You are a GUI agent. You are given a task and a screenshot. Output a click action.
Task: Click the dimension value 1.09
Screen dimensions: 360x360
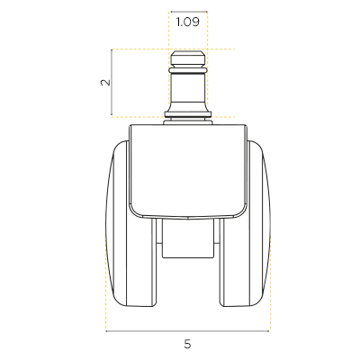pos(188,22)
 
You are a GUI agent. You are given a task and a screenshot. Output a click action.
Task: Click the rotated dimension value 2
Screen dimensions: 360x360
pos(105,83)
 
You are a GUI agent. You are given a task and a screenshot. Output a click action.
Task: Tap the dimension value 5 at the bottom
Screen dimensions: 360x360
pos(187,344)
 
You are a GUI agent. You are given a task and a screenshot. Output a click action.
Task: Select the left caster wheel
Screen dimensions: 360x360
pos(131,223)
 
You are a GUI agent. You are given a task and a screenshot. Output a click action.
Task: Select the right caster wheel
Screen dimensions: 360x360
pos(245,223)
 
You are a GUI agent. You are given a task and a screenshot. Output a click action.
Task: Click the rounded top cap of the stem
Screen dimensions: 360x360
pos(188,59)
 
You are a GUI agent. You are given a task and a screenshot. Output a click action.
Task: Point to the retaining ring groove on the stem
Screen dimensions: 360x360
pos(188,70)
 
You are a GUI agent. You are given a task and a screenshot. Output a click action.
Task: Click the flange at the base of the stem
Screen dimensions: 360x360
pos(188,114)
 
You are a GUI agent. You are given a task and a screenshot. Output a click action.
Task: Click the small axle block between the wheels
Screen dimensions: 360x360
pos(188,238)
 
